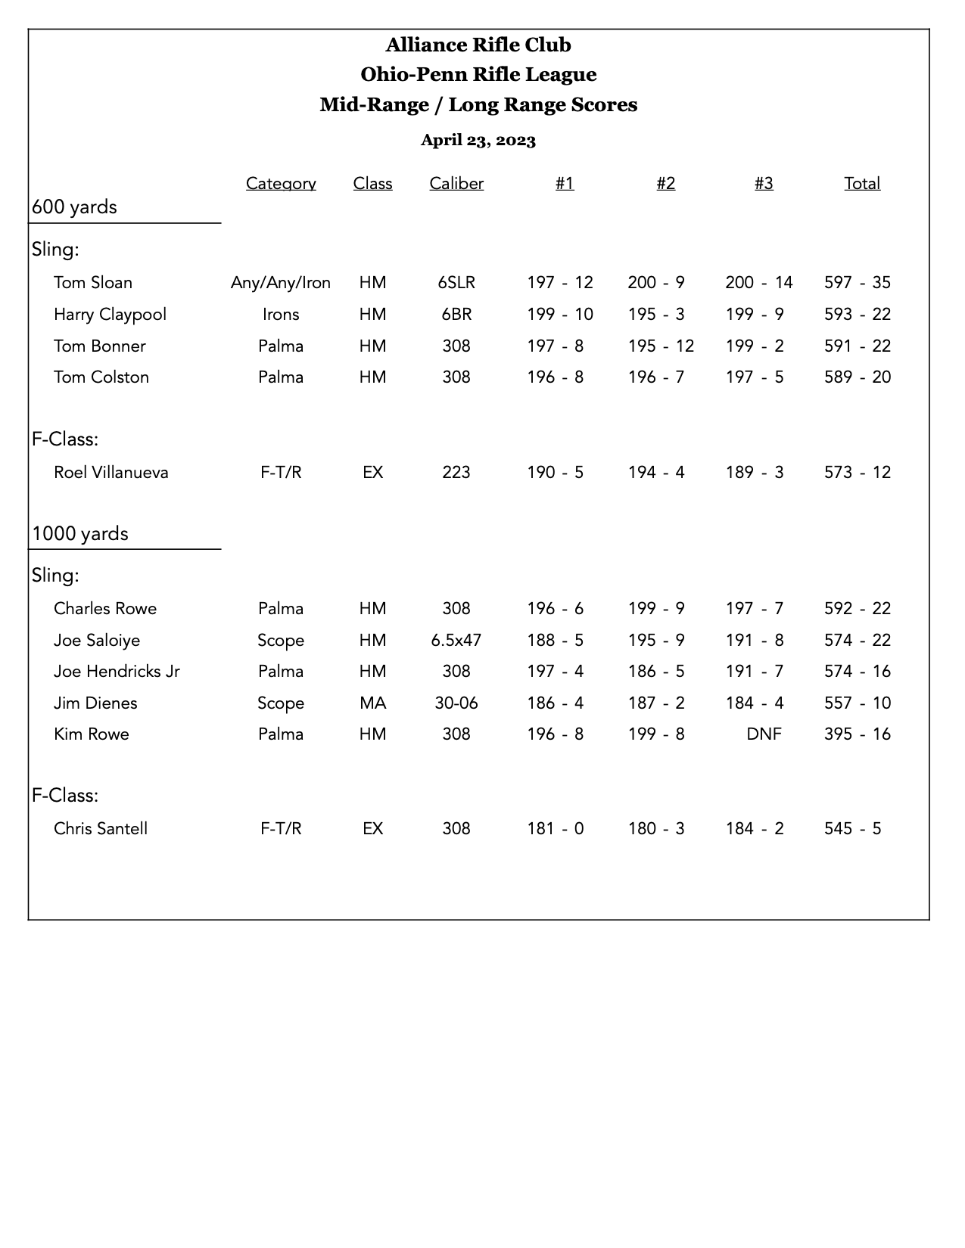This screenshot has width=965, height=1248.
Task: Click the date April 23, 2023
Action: pos(478,140)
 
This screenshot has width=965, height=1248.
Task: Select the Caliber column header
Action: pos(456,184)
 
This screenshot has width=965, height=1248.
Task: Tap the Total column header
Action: pos(862,184)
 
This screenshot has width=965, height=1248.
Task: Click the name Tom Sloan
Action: pos(93,283)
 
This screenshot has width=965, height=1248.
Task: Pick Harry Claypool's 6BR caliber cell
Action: pos(456,315)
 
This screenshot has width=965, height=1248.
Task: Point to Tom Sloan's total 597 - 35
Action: pos(858,283)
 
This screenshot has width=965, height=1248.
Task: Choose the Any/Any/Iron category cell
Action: pos(281,283)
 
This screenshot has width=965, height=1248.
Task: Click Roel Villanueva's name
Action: pos(111,473)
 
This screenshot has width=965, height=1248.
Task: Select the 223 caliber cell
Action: pos(456,473)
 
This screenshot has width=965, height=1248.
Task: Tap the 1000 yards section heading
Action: pos(80,534)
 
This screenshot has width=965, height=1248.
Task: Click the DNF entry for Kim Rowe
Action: pos(764,734)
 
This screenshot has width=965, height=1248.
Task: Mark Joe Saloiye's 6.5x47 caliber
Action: pos(456,641)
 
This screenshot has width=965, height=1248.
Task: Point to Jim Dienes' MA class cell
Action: pos(372,703)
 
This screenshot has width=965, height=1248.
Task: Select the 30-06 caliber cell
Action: pos(456,703)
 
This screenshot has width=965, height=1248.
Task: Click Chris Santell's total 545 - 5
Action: pos(853,829)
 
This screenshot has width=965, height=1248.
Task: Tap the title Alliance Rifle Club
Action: pos(478,45)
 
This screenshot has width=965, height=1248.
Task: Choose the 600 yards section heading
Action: pos(74,207)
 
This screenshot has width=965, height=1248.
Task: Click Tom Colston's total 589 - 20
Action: pos(858,377)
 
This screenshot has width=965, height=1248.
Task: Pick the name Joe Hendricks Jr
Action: pos(117,672)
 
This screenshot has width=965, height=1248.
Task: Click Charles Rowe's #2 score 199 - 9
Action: pos(656,609)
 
